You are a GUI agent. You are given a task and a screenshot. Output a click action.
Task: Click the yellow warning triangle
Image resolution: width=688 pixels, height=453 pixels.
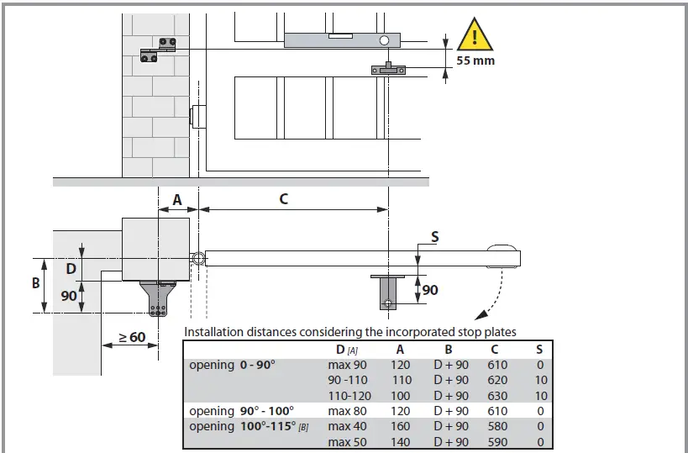click(x=475, y=36)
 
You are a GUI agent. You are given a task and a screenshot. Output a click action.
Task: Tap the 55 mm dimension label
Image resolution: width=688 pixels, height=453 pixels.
click(x=475, y=61)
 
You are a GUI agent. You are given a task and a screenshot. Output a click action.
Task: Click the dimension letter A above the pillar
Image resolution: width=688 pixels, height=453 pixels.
click(x=177, y=199)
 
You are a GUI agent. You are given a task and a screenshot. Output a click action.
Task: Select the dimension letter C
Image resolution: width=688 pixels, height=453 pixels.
click(x=283, y=199)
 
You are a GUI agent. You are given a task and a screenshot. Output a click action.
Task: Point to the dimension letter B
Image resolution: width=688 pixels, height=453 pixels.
click(x=36, y=283)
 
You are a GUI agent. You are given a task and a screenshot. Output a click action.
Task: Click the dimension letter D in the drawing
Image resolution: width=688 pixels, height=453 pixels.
click(x=71, y=268)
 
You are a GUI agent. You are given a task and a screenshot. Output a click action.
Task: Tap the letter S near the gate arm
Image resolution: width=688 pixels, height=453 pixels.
click(x=434, y=237)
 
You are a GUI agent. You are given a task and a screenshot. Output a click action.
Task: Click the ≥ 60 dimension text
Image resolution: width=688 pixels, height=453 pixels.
click(x=131, y=337)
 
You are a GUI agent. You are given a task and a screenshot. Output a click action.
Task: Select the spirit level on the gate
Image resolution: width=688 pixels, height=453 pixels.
click(x=345, y=39)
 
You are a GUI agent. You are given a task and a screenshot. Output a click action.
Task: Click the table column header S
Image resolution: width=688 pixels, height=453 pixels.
click(x=539, y=349)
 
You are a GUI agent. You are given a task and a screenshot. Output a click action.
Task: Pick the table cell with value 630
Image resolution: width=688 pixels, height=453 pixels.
click(x=497, y=395)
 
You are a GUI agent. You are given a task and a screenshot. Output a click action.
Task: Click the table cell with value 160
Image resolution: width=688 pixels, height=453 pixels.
click(x=400, y=426)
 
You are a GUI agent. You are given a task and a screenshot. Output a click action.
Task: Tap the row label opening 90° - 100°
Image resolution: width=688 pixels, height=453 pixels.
click(x=241, y=411)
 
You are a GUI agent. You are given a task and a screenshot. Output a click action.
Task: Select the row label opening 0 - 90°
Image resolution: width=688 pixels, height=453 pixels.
click(x=232, y=365)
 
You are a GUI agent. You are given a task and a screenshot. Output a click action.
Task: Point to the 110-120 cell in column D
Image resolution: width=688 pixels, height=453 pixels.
click(x=348, y=395)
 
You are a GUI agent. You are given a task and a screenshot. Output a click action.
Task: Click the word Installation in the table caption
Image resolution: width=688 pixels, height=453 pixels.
click(x=216, y=332)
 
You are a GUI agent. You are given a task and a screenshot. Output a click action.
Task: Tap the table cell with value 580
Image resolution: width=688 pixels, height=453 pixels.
click(x=497, y=426)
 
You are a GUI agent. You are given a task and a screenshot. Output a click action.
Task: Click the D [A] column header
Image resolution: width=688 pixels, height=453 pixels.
click(x=342, y=349)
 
